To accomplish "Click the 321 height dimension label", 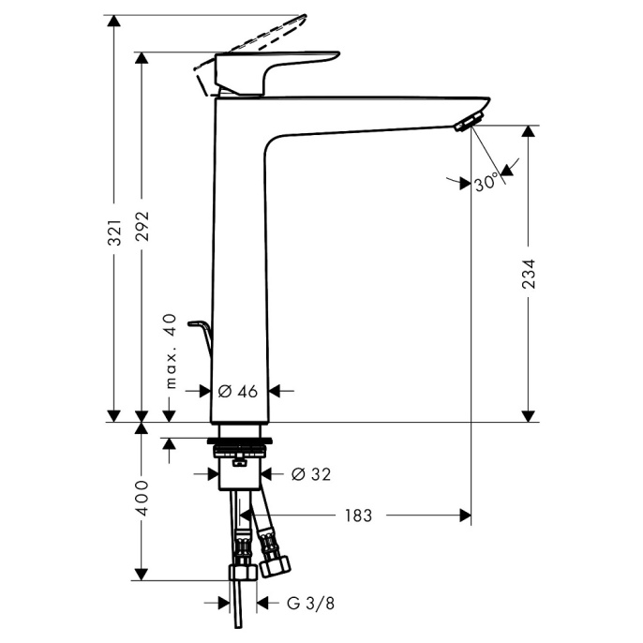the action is (x=115, y=232).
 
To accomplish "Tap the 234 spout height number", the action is (x=529, y=274).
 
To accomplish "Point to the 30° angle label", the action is (x=486, y=182).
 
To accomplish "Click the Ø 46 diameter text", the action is (x=238, y=392).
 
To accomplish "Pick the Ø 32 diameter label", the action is (x=311, y=474).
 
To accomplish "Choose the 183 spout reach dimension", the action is (x=358, y=516).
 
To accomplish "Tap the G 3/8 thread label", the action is (x=311, y=604).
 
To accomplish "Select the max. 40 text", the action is (x=171, y=351).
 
